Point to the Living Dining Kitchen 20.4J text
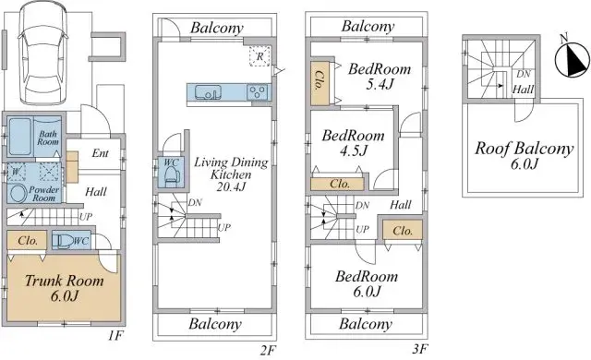point(230,174)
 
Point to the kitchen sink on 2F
point(206,92)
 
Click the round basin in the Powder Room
point(18,193)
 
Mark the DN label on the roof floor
point(523,74)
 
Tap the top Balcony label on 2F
point(217,29)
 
